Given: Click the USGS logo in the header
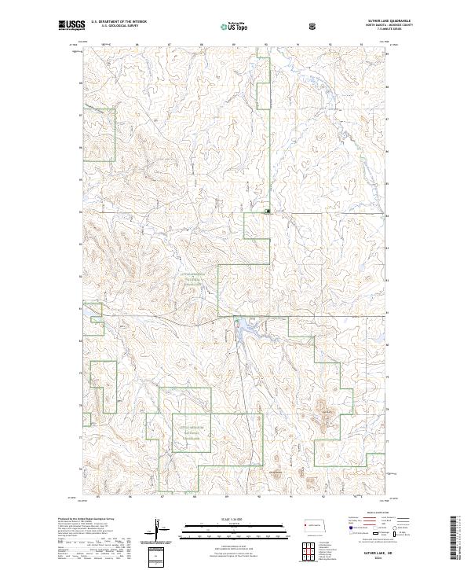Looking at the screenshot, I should [70, 26].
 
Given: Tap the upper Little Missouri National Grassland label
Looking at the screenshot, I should [192, 281].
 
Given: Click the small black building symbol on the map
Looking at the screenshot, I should [268, 211].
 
